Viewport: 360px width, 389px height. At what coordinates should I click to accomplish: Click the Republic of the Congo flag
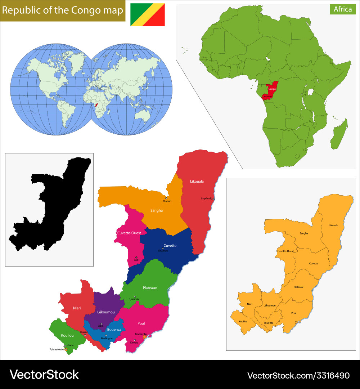point(148,15)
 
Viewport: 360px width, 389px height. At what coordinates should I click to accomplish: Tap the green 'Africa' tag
point(342,9)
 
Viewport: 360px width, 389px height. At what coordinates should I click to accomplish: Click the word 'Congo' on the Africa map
point(272,89)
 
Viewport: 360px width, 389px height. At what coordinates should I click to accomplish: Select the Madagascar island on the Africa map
point(339,134)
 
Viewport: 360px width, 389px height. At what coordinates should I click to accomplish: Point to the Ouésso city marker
point(166,198)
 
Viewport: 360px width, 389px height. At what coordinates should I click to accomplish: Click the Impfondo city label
point(207,198)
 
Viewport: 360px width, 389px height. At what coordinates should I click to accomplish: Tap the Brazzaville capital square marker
point(144,337)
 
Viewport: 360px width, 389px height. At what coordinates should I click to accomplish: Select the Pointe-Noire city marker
point(66,349)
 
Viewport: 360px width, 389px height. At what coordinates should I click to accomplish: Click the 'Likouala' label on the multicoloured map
point(197,181)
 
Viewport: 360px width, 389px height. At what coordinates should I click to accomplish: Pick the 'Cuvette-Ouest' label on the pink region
point(129,233)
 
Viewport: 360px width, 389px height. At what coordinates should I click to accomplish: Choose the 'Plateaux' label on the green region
point(150,288)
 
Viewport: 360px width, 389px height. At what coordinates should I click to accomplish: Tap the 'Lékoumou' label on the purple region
point(106,312)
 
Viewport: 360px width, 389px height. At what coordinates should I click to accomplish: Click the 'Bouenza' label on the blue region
point(114,329)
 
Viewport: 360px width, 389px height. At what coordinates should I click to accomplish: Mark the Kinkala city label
point(134,343)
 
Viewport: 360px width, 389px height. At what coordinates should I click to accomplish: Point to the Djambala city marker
point(135,296)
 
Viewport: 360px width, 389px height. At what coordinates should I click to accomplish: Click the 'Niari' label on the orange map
point(250,304)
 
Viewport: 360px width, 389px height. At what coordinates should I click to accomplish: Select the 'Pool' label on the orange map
point(294,313)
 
